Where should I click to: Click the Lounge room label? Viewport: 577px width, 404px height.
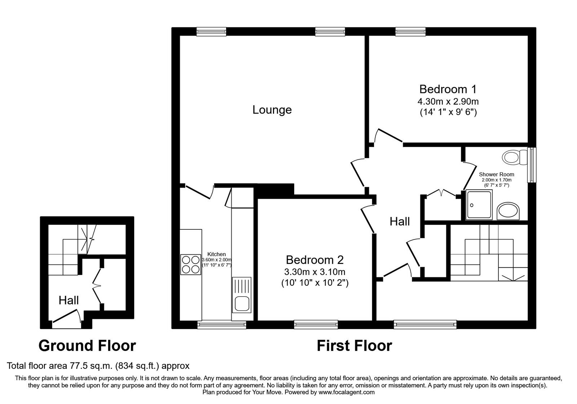tap(272, 110)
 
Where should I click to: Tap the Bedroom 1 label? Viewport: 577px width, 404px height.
tap(448, 89)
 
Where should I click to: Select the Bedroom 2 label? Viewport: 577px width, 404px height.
tap(314, 260)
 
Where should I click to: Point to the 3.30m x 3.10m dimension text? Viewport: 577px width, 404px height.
tap(314, 272)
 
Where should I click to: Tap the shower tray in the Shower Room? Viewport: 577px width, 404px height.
tap(479, 205)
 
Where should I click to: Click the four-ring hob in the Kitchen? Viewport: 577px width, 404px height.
tap(190, 265)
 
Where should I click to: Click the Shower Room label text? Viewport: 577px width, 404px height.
tap(497, 174)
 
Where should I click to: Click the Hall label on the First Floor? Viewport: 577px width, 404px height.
tap(400, 221)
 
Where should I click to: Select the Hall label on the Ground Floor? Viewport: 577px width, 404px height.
tap(69, 300)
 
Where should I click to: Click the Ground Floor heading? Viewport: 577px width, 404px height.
tap(87, 346)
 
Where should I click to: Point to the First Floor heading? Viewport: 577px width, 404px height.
tap(354, 346)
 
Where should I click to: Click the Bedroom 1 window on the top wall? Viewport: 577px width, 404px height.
tap(410, 32)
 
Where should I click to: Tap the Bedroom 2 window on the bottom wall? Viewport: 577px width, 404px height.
tap(316, 325)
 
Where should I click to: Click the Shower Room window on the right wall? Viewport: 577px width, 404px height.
tap(531, 164)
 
